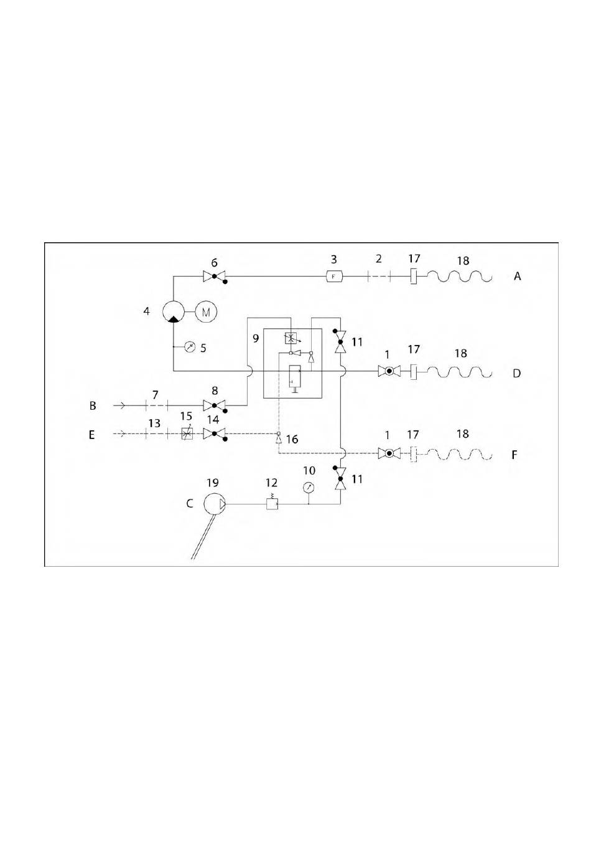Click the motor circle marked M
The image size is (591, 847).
tap(207, 311)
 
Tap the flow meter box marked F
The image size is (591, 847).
tap(334, 276)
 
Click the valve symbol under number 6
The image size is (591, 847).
tap(214, 276)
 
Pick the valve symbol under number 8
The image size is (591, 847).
tap(214, 405)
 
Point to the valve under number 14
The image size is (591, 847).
tap(214, 433)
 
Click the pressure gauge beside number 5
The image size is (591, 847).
tap(190, 346)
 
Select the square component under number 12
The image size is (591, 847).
tap(272, 503)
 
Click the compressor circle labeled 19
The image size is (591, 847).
tap(214, 503)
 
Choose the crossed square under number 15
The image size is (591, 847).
tap(185, 433)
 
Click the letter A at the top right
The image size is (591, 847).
tap(517, 276)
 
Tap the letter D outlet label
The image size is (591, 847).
tap(516, 374)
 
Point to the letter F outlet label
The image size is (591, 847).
tap(514, 455)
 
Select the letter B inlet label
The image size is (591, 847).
tap(93, 406)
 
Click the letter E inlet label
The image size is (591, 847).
tap(92, 434)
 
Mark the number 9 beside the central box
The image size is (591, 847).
tap(255, 339)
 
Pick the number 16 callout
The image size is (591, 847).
tap(292, 440)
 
